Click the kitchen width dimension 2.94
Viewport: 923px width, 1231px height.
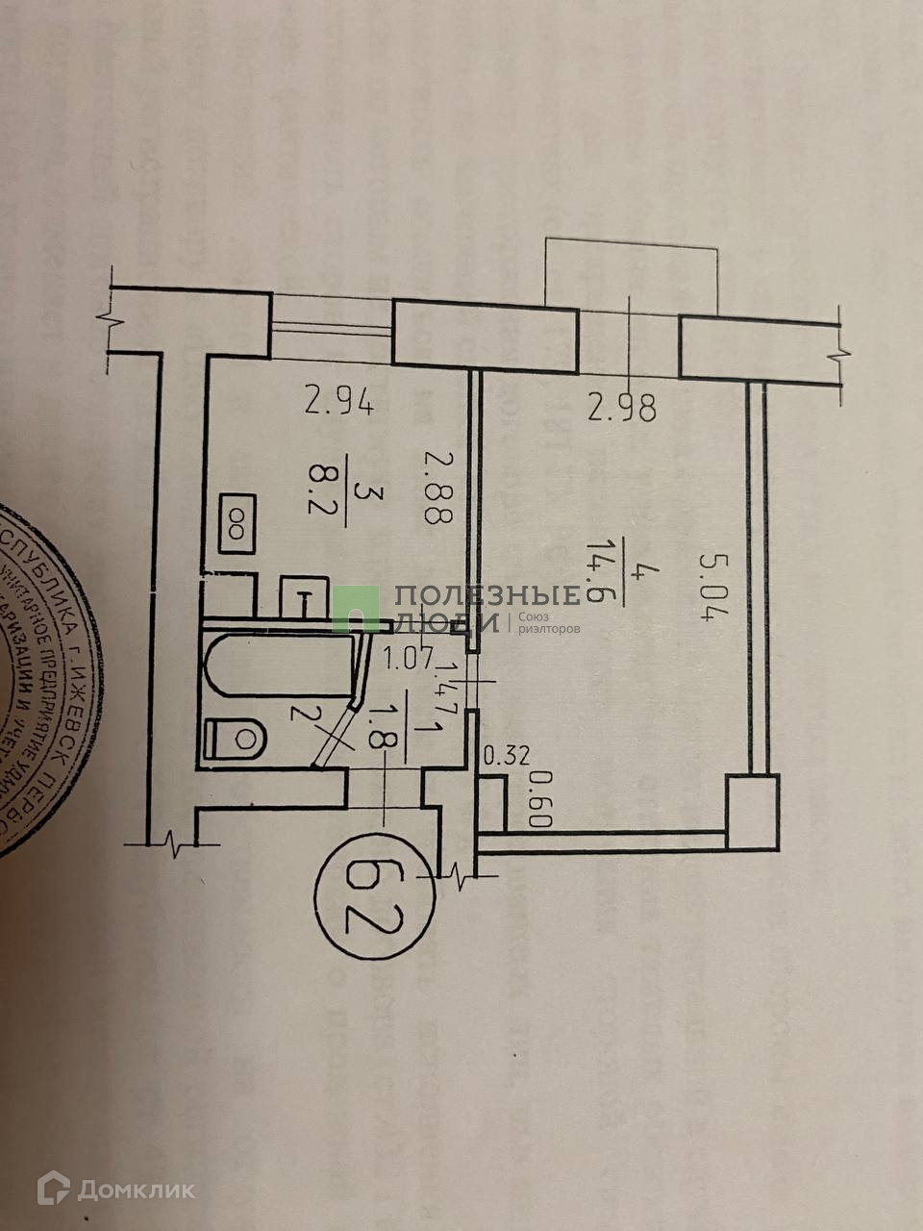339,399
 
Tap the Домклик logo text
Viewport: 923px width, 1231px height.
136,1190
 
